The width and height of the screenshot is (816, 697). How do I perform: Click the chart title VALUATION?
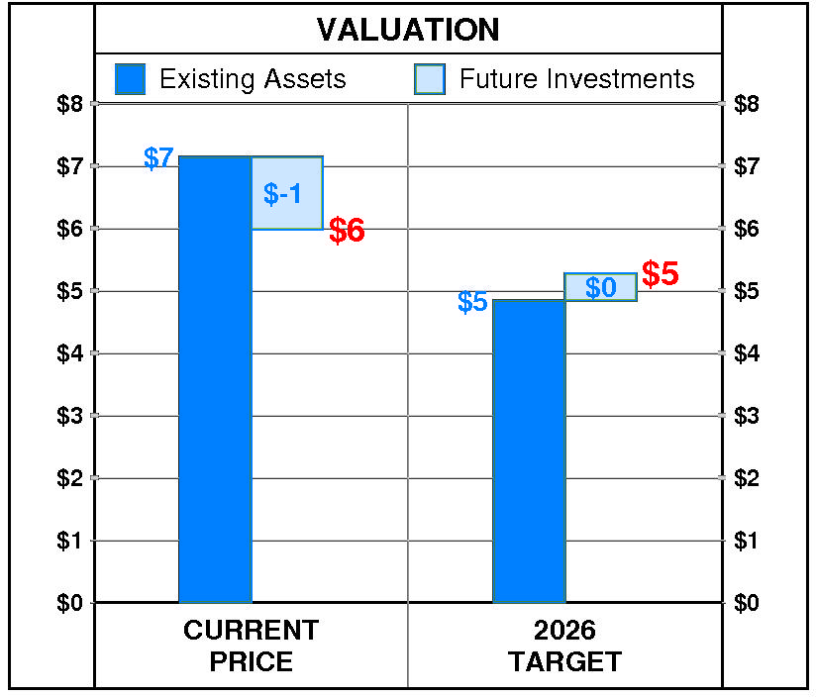[x=408, y=30]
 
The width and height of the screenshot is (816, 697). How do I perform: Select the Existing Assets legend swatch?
[x=130, y=79]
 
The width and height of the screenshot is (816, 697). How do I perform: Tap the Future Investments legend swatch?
[x=430, y=79]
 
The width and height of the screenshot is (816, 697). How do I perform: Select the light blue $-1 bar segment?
[x=286, y=193]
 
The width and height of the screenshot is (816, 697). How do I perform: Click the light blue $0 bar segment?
[x=600, y=287]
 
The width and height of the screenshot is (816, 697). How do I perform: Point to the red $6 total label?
[x=347, y=231]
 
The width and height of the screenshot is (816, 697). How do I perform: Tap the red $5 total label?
[x=661, y=274]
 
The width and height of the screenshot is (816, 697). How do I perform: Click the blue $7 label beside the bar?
[x=158, y=158]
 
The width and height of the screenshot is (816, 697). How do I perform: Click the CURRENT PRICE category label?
[x=251, y=646]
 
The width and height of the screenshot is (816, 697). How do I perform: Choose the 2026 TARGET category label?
[x=564, y=646]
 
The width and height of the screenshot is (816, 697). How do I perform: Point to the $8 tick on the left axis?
[x=70, y=103]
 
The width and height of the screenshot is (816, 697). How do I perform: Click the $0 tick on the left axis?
[x=70, y=603]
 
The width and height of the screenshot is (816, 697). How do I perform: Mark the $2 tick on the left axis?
[x=70, y=478]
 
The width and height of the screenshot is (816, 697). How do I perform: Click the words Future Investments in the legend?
[x=577, y=79]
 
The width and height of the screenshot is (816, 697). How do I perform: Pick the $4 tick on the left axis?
[x=70, y=353]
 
